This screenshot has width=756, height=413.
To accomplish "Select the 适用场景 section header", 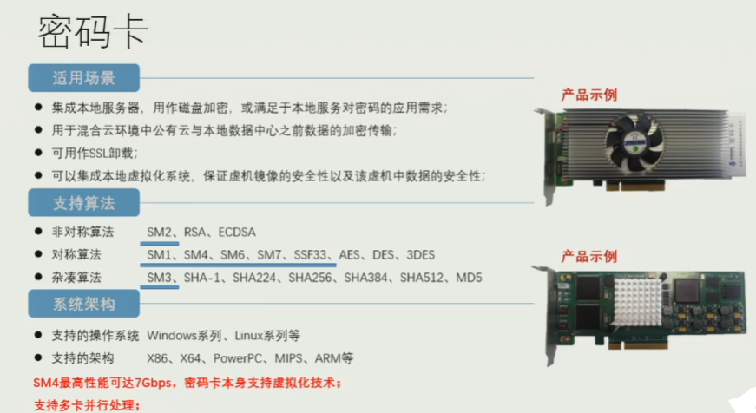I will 84,78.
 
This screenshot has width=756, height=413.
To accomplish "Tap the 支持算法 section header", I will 84,205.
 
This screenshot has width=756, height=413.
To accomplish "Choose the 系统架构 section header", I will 84,305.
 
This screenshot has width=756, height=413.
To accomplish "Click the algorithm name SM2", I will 160,233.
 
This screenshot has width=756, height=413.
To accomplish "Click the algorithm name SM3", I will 160,278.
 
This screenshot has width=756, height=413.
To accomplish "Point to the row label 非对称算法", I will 77,233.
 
